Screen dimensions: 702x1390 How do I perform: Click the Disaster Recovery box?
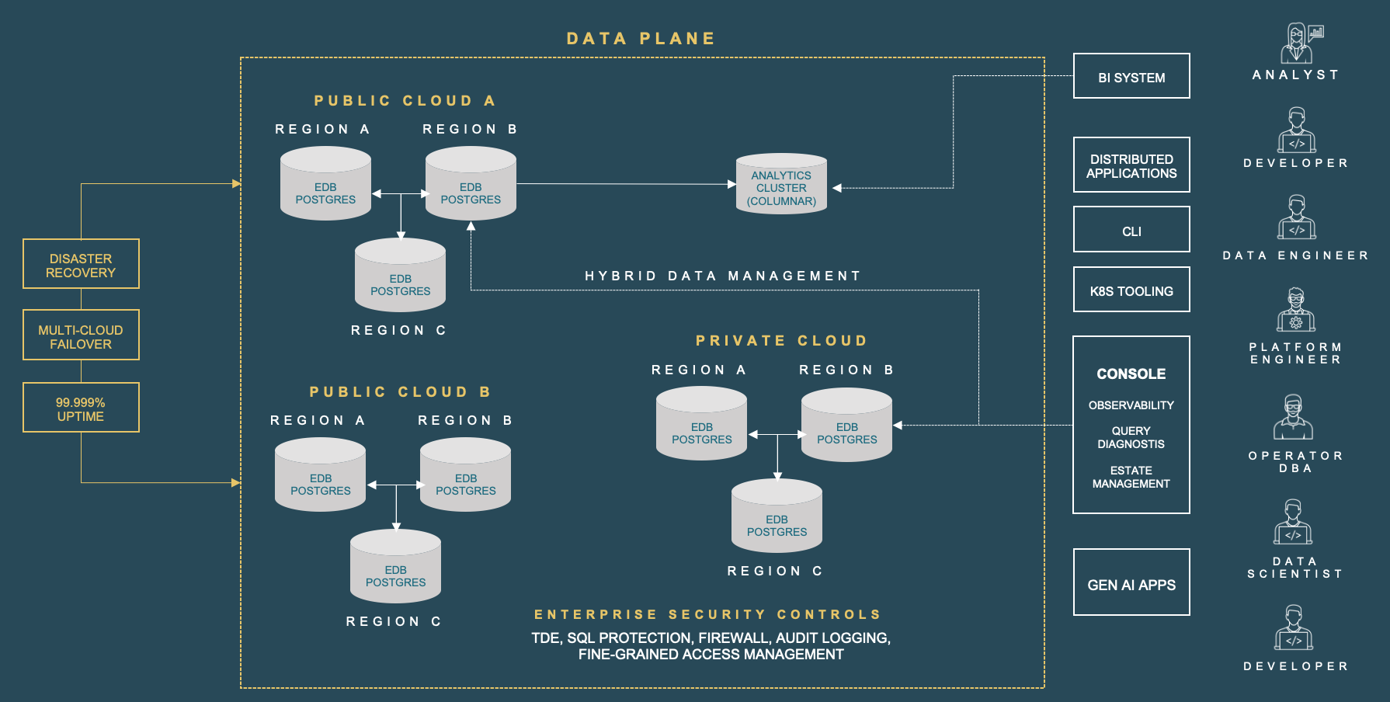[x=81, y=264]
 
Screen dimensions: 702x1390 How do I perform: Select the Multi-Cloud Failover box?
[x=81, y=335]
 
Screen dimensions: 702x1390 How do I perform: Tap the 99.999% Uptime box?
[x=81, y=408]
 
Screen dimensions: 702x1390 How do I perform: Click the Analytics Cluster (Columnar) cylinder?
[x=781, y=185]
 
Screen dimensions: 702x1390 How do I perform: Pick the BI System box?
[x=1131, y=76]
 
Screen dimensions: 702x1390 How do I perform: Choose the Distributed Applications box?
[x=1131, y=165]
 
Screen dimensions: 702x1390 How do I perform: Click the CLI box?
[x=1131, y=230]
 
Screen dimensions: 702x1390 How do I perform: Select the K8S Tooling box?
[x=1131, y=290]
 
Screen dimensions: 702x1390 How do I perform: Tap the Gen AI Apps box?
[x=1131, y=582]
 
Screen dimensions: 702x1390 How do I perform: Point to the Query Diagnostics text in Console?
[x=1131, y=437]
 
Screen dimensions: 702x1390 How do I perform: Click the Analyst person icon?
[x=1296, y=43]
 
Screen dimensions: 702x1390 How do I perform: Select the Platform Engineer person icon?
[x=1296, y=310]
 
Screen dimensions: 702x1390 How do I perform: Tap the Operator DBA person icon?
[x=1293, y=418]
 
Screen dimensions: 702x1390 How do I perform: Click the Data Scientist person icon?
[x=1293, y=522]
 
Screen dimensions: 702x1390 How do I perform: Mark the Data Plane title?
[x=641, y=39]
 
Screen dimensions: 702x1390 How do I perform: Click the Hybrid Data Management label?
[x=722, y=276]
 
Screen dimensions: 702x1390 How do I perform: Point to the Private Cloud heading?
[x=781, y=341]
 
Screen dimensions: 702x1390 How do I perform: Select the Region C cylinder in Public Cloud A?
[x=400, y=276]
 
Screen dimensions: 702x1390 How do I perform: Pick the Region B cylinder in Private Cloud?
[x=846, y=426]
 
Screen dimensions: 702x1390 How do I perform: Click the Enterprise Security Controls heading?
[x=707, y=614]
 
